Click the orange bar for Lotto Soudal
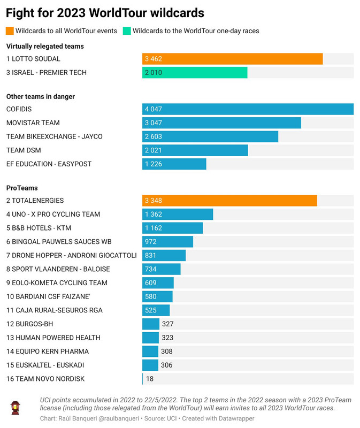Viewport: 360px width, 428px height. coord(232,59)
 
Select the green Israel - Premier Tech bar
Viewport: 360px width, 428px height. coord(195,73)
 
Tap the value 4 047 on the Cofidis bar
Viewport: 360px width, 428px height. coord(154,109)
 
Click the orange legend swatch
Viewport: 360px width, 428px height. coord(10,31)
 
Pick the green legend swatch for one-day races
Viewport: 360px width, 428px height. coord(127,31)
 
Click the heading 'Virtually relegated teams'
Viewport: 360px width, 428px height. coord(45,47)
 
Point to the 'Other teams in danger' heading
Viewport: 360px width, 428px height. coord(41,97)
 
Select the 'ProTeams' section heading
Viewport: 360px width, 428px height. coord(22,188)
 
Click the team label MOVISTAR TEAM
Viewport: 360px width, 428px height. coord(33,123)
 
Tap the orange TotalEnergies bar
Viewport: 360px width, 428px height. coord(229,201)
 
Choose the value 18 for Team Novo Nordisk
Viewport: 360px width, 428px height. coord(150,379)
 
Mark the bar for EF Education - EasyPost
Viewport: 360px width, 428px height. coord(174,164)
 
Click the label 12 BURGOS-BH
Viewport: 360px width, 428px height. coord(30,324)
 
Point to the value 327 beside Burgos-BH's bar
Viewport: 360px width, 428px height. coord(167,324)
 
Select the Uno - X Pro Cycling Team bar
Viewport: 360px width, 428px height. coord(178,215)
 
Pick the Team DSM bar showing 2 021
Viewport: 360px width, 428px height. coord(195,150)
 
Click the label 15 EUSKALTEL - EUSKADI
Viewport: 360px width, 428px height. coord(45,365)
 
